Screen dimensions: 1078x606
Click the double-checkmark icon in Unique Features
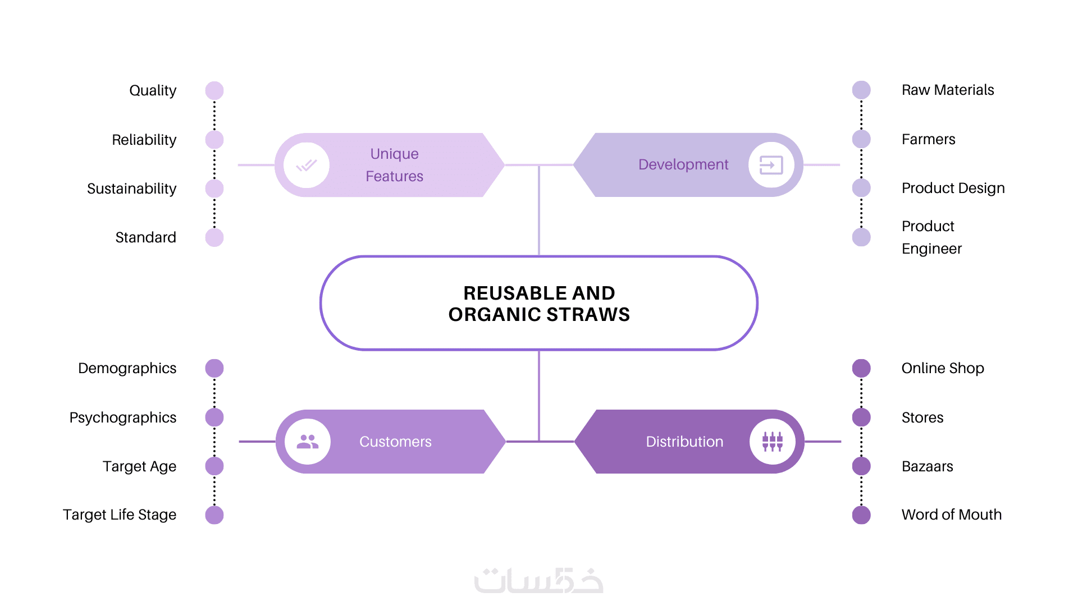[307, 165]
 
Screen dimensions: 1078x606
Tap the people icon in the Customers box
[308, 442]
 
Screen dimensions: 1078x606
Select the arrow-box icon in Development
[771, 165]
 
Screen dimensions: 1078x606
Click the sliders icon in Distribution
[773, 442]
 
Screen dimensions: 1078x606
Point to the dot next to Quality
[214, 90]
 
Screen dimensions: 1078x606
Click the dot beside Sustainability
[214, 189]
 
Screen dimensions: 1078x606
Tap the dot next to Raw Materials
[861, 90]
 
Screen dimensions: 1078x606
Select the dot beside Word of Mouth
[861, 515]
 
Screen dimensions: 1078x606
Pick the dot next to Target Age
[214, 466]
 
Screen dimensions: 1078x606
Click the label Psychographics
[123, 418]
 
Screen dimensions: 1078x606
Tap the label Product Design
[953, 189]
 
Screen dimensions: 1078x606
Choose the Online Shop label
[943, 368]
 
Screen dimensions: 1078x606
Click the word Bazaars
[928, 466]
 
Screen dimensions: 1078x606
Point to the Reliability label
[144, 140]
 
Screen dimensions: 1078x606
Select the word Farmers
[929, 139]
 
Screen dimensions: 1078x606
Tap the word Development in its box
[683, 165]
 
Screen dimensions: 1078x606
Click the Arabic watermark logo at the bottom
[539, 581]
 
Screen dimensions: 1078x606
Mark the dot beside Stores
[861, 417]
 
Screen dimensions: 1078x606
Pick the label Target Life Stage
[120, 515]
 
